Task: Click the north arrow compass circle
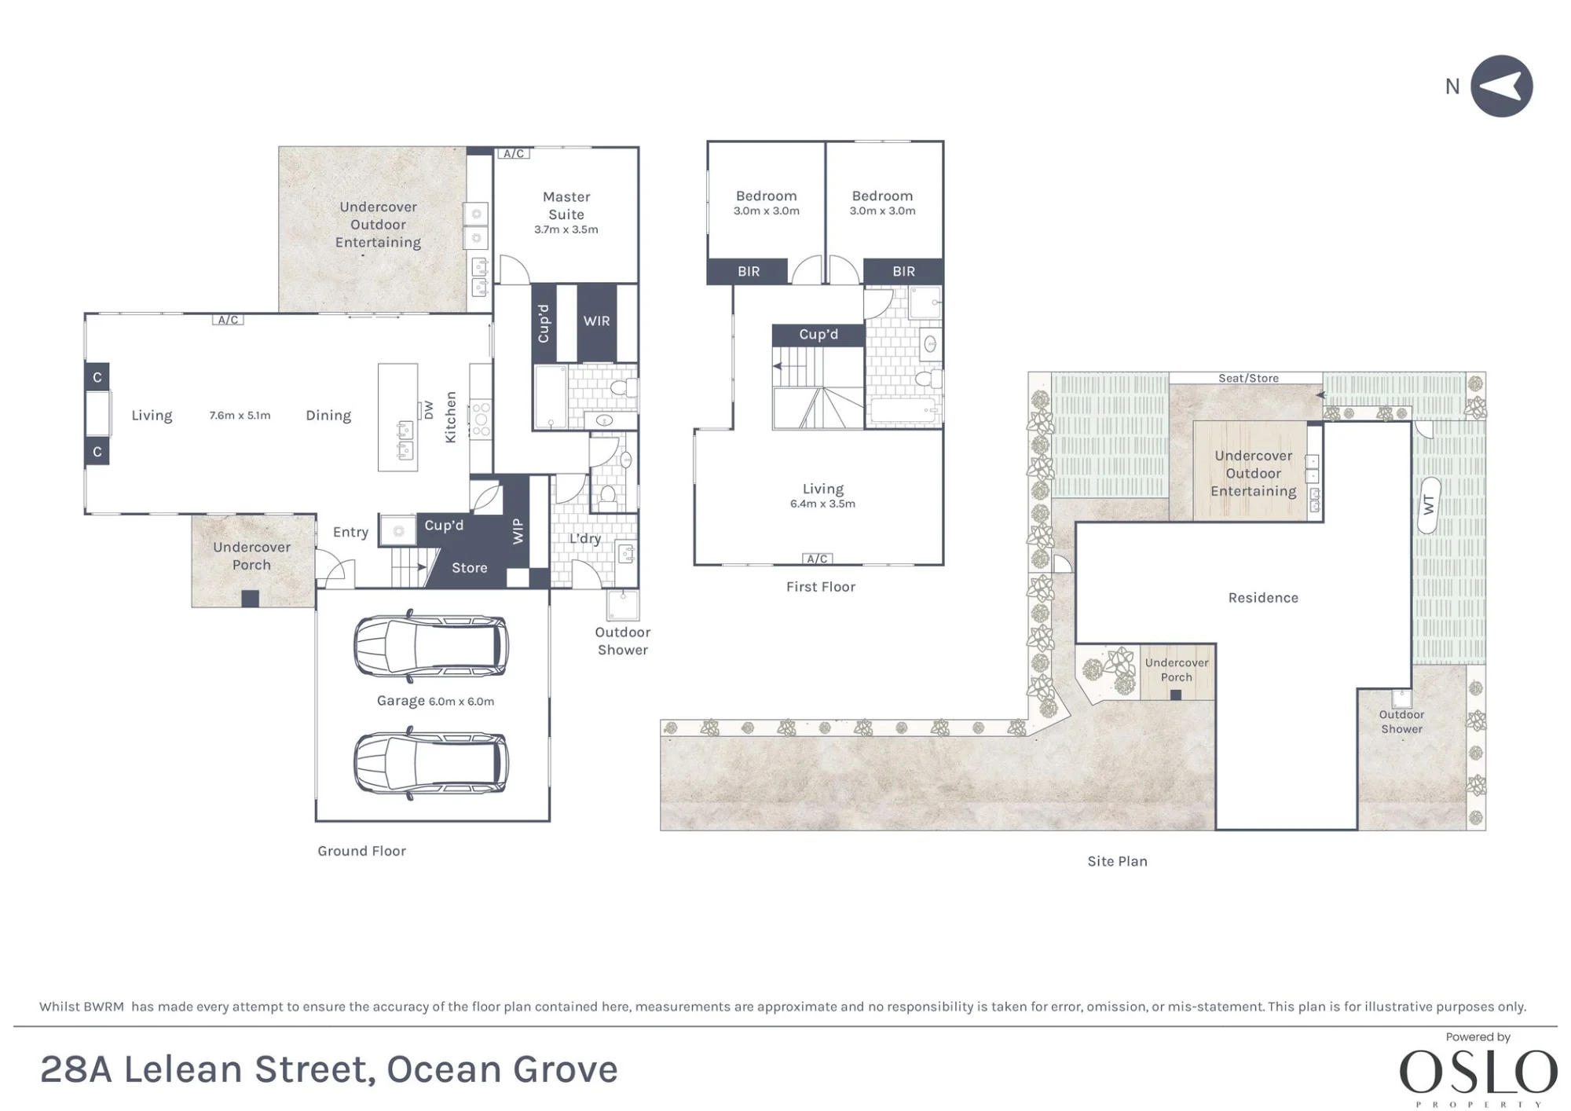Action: point(1501,86)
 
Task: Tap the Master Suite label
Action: point(566,205)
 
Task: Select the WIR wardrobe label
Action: point(596,321)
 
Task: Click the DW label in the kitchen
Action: point(428,410)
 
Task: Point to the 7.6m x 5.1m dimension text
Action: point(240,415)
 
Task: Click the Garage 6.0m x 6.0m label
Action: point(435,701)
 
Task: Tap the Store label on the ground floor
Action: point(469,567)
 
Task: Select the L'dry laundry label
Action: point(585,538)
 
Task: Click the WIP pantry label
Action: point(518,531)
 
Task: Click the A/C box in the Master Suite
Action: point(514,153)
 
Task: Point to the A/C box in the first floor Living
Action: point(817,559)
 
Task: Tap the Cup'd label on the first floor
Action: point(818,334)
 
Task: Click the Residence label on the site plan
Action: point(1263,598)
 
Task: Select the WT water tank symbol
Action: point(1429,505)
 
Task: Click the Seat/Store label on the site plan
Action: point(1248,378)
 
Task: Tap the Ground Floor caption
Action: point(361,851)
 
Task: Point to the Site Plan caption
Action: point(1117,861)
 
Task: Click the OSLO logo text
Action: point(1478,1072)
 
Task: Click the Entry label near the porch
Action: point(350,532)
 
